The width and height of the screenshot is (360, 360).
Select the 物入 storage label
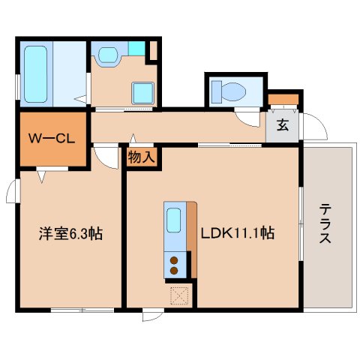point(140,157)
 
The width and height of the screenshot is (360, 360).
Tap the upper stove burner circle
point(174,259)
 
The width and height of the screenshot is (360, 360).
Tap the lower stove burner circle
point(174,270)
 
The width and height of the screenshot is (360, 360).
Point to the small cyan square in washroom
point(136,49)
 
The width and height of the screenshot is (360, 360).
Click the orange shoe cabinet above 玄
point(283,99)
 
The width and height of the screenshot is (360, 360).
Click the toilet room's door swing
point(245,117)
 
